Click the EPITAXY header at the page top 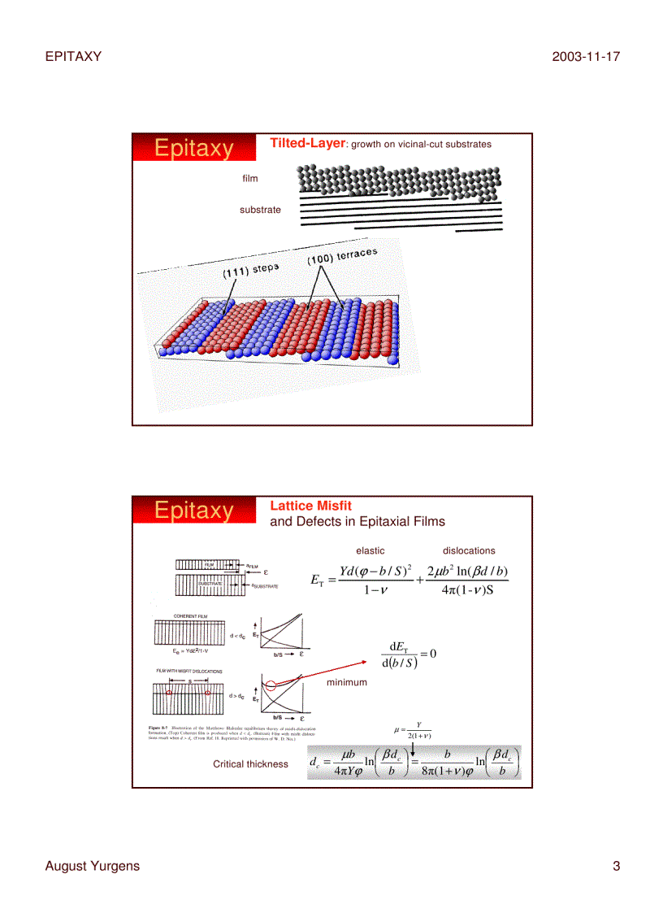point(73,56)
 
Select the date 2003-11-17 point(586,56)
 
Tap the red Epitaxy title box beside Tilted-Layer point(193,149)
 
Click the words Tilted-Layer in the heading point(307,143)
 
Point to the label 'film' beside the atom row point(249,178)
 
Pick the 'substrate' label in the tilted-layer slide point(260,210)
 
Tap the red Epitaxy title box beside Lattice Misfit point(193,511)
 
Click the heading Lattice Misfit point(310,506)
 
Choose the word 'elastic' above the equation point(370,550)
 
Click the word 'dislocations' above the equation point(469,550)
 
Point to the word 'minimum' point(347,682)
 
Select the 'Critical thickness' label point(250,763)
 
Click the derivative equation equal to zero point(409,654)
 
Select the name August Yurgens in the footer point(92,866)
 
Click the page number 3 point(616,866)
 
